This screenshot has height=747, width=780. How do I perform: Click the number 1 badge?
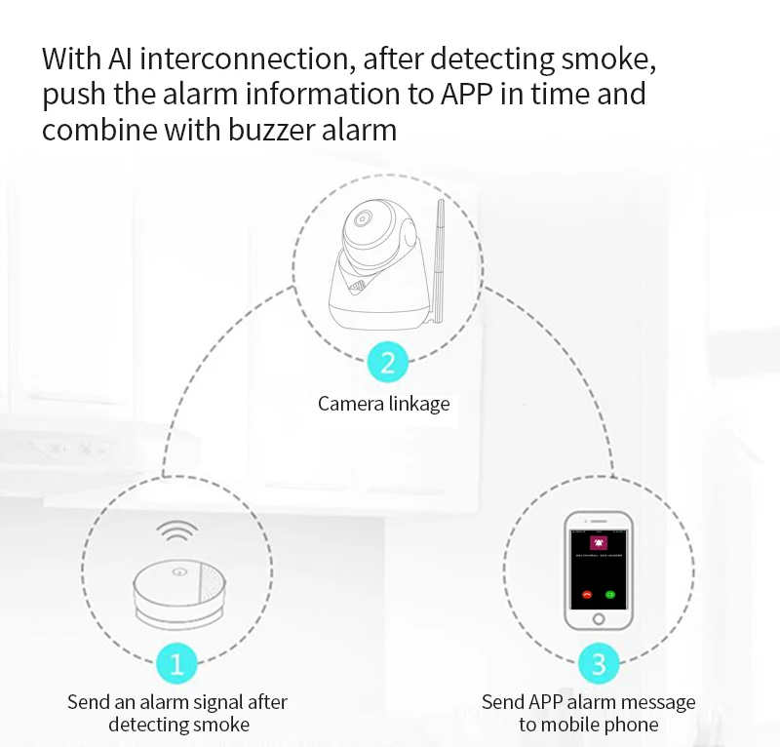pyautogui.click(x=176, y=664)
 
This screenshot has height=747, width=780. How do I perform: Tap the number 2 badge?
pyautogui.click(x=387, y=364)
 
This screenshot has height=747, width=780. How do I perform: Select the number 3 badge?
pyautogui.click(x=599, y=664)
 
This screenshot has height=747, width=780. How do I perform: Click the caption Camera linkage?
pyautogui.click(x=384, y=403)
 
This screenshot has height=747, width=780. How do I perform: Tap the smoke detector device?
pyautogui.click(x=177, y=591)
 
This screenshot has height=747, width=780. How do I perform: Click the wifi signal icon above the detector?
pyautogui.click(x=176, y=533)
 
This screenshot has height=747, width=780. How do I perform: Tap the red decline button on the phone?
pyautogui.click(x=587, y=594)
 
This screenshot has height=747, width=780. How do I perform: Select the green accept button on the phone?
pyautogui.click(x=610, y=594)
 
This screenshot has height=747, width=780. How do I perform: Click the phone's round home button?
pyautogui.click(x=599, y=620)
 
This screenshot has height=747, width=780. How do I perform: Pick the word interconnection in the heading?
pyautogui.click(x=245, y=59)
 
